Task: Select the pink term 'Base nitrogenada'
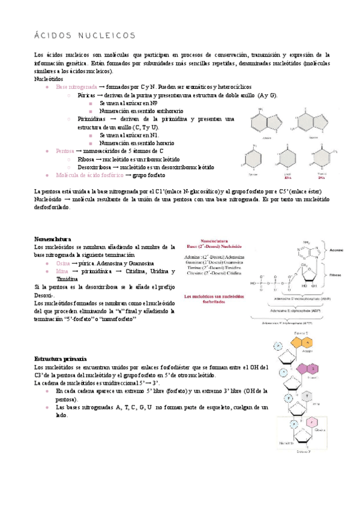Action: [74, 87]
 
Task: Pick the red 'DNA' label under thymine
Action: [322, 178]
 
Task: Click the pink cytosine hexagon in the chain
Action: [312, 423]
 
